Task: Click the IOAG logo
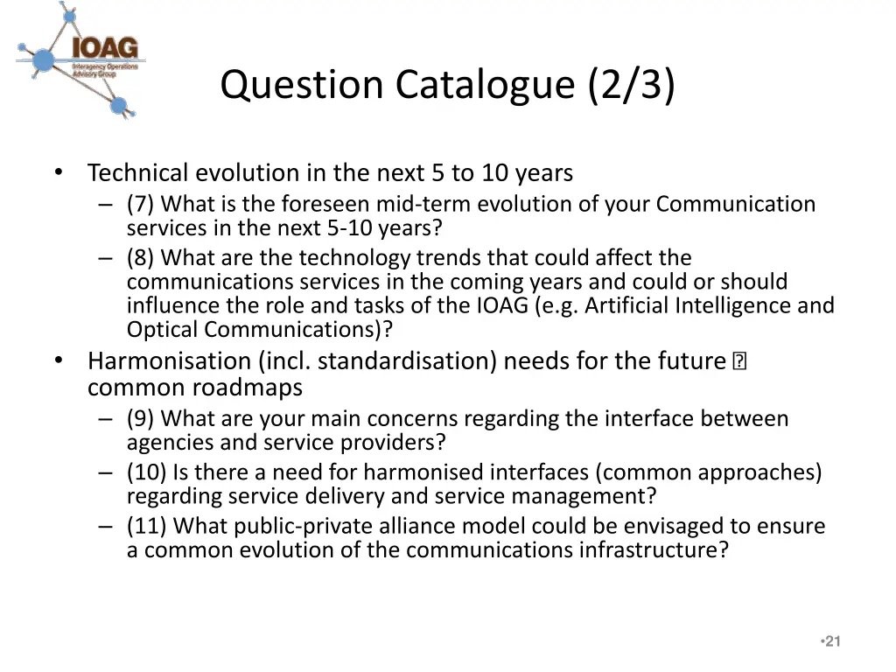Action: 81,59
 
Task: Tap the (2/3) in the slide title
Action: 633,85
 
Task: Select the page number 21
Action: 833,641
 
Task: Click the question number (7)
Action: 141,205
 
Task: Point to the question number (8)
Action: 141,258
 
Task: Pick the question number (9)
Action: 141,419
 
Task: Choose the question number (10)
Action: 146,473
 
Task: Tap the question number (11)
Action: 146,527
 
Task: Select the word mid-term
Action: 424,205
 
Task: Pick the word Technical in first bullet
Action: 137,173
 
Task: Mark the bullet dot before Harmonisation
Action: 58,360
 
